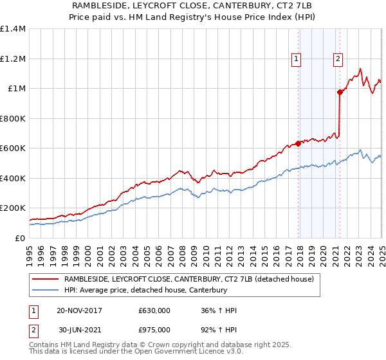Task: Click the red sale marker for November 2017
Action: (x=298, y=143)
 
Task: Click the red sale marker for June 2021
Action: (x=340, y=92)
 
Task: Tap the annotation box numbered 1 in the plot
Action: (x=296, y=59)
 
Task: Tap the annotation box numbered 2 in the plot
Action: (x=338, y=59)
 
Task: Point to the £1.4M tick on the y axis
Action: (x=13, y=29)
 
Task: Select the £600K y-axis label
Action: (x=13, y=148)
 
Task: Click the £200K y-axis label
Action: (x=13, y=208)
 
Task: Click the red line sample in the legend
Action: (x=44, y=279)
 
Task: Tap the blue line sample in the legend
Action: (x=44, y=290)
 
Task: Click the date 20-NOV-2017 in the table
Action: (x=79, y=310)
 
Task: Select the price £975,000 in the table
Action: (x=154, y=330)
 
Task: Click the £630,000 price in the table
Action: (x=154, y=310)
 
